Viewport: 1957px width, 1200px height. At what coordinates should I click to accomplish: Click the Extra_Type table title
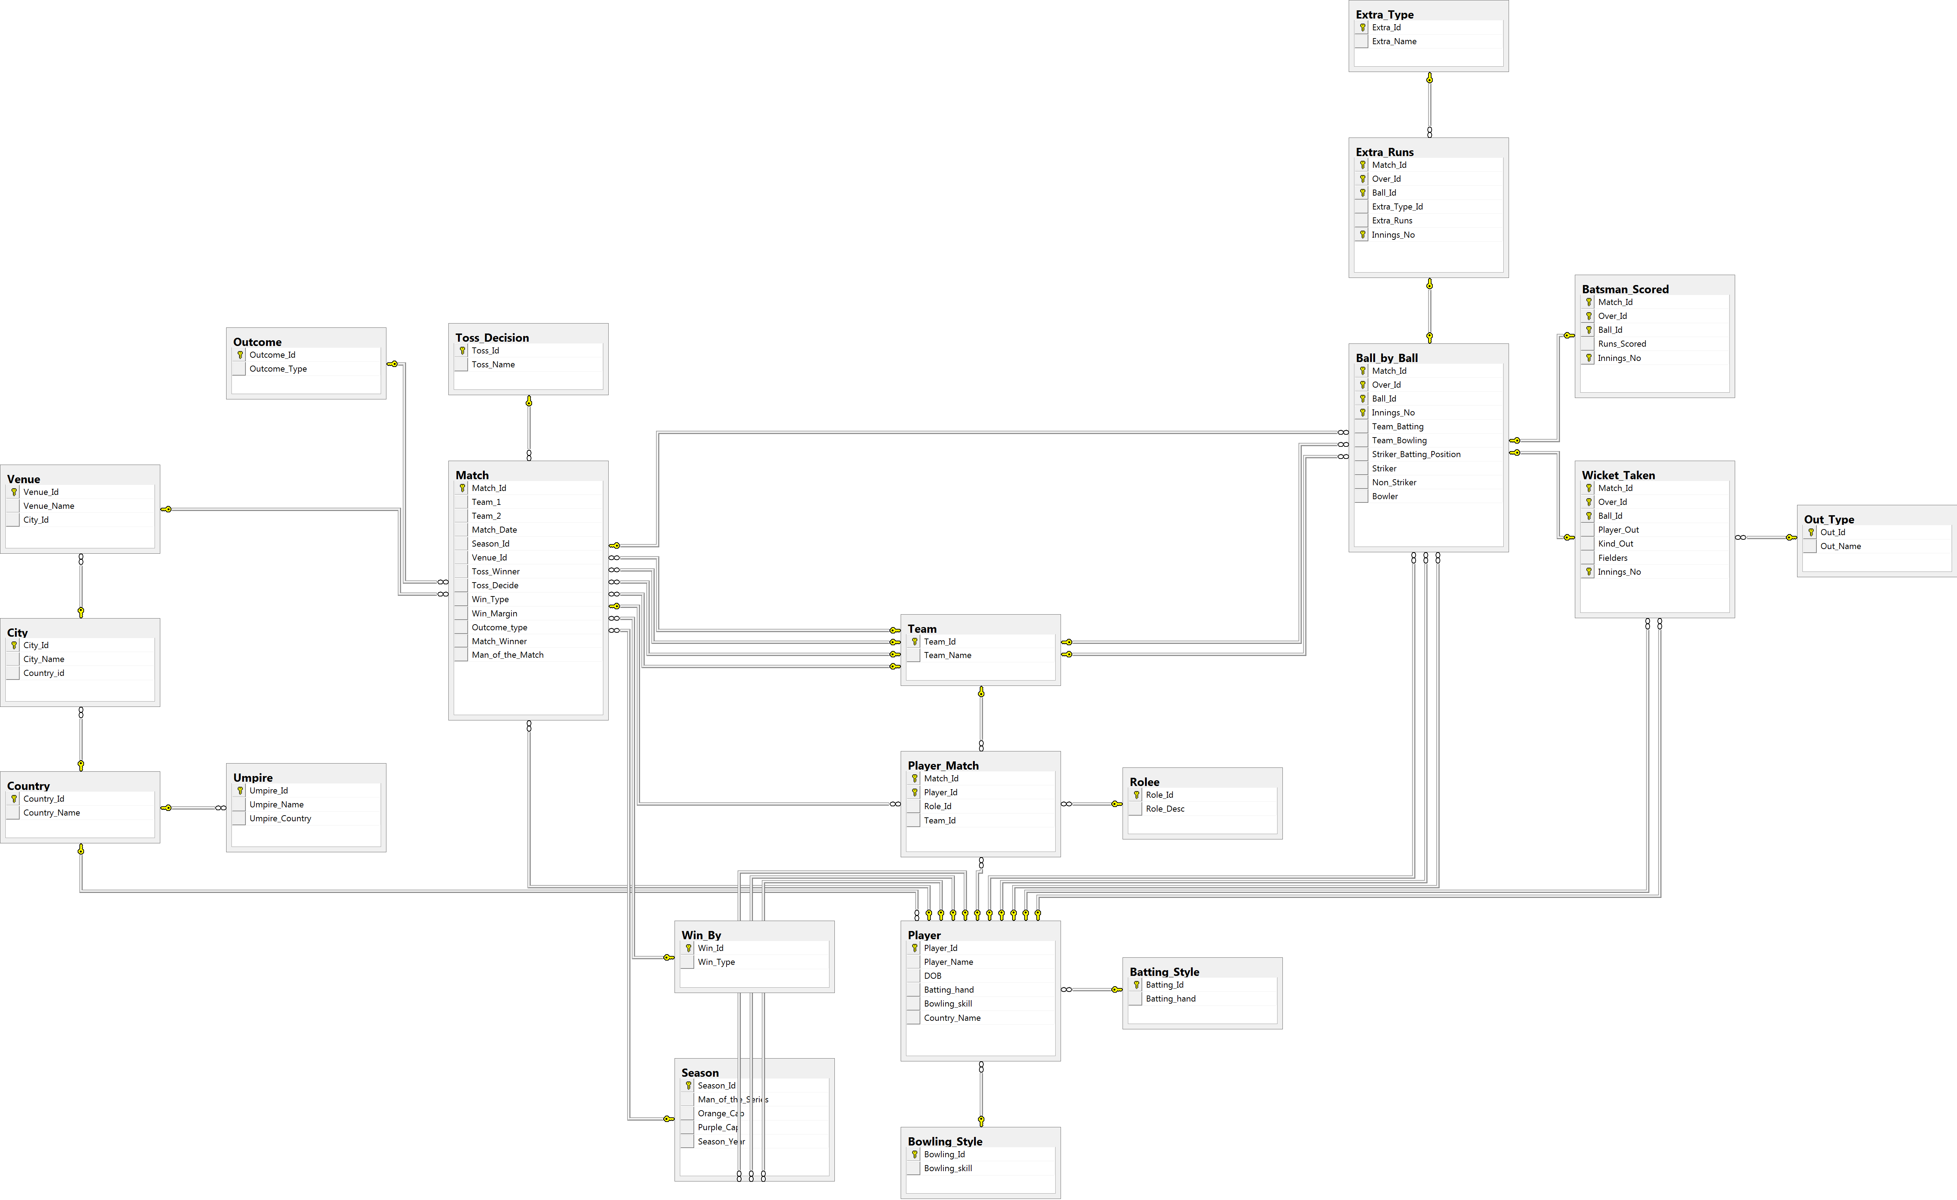pos(1384,14)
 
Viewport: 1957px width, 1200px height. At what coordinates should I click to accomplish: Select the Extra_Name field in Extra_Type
pos(1394,41)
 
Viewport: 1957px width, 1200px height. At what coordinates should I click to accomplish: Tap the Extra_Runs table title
pos(1384,152)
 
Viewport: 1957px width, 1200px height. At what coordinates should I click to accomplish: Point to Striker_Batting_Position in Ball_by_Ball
pos(1416,455)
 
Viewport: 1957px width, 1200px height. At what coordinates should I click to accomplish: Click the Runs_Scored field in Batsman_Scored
pos(1622,344)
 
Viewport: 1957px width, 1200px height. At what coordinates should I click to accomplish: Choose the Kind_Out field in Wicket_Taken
pos(1615,544)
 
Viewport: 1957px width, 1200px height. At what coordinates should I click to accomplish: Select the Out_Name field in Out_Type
pos(1840,546)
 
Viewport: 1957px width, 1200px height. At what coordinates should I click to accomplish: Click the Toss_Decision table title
pos(491,338)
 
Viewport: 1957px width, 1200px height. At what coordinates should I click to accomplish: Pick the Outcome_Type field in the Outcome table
pos(278,369)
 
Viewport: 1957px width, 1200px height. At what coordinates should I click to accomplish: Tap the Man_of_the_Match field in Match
pos(508,655)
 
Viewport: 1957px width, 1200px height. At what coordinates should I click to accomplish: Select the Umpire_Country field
pos(280,818)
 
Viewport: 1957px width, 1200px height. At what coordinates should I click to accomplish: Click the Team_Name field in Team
pos(948,655)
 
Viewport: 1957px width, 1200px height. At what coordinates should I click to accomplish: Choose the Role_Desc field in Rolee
pos(1165,809)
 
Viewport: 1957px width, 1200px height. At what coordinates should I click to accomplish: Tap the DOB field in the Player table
pos(932,976)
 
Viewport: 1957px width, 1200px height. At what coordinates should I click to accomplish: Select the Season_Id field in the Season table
pos(717,1086)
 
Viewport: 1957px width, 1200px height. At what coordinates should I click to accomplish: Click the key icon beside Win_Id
pos(689,948)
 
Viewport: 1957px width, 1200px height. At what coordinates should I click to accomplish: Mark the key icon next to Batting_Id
pos(1136,985)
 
